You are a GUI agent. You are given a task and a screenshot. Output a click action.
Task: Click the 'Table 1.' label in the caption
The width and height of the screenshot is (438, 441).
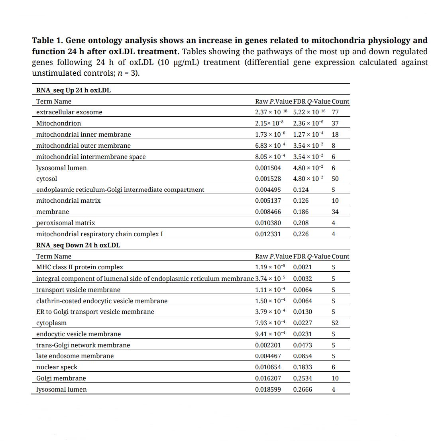tap(47, 40)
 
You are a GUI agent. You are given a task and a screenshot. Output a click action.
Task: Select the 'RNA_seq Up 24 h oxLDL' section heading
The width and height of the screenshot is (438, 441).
tap(73, 90)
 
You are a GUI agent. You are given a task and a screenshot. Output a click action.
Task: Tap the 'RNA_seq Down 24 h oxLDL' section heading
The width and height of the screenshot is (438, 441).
tap(78, 245)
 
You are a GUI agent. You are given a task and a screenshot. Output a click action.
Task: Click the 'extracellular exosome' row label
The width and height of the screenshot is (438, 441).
tap(69, 112)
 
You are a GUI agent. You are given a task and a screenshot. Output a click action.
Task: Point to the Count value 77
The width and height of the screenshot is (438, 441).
tap(335, 112)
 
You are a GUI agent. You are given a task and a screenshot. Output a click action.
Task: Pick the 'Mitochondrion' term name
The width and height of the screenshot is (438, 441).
tap(59, 123)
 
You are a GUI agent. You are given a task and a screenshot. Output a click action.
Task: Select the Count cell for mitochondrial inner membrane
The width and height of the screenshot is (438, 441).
tap(335, 135)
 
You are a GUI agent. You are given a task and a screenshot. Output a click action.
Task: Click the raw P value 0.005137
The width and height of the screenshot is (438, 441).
tap(268, 201)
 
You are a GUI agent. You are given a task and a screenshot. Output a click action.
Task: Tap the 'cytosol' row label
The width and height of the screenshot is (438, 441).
tap(47, 179)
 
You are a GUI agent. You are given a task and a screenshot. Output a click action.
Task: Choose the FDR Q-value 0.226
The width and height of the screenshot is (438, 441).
tap(301, 234)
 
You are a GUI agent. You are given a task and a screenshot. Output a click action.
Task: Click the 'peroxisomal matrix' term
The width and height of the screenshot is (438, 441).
tap(65, 223)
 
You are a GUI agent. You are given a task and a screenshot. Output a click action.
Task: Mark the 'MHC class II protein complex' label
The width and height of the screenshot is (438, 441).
tap(80, 267)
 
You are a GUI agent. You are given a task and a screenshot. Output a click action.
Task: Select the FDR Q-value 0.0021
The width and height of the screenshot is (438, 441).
tap(302, 267)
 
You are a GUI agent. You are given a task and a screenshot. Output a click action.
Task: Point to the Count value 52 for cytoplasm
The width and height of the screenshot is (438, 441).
tap(335, 323)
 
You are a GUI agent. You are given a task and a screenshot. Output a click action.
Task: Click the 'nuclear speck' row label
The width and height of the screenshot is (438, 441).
tap(57, 367)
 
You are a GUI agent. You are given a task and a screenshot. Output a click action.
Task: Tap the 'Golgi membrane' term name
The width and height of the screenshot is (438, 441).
tap(61, 378)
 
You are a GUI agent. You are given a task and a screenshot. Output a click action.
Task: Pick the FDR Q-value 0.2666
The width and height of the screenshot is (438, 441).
tap(302, 390)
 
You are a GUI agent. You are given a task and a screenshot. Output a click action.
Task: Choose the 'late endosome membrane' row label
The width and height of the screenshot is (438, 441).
tap(75, 356)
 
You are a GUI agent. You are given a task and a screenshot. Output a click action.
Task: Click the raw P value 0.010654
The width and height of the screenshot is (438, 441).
tap(268, 367)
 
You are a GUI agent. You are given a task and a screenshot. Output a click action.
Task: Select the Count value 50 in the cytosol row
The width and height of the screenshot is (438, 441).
tap(335, 179)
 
